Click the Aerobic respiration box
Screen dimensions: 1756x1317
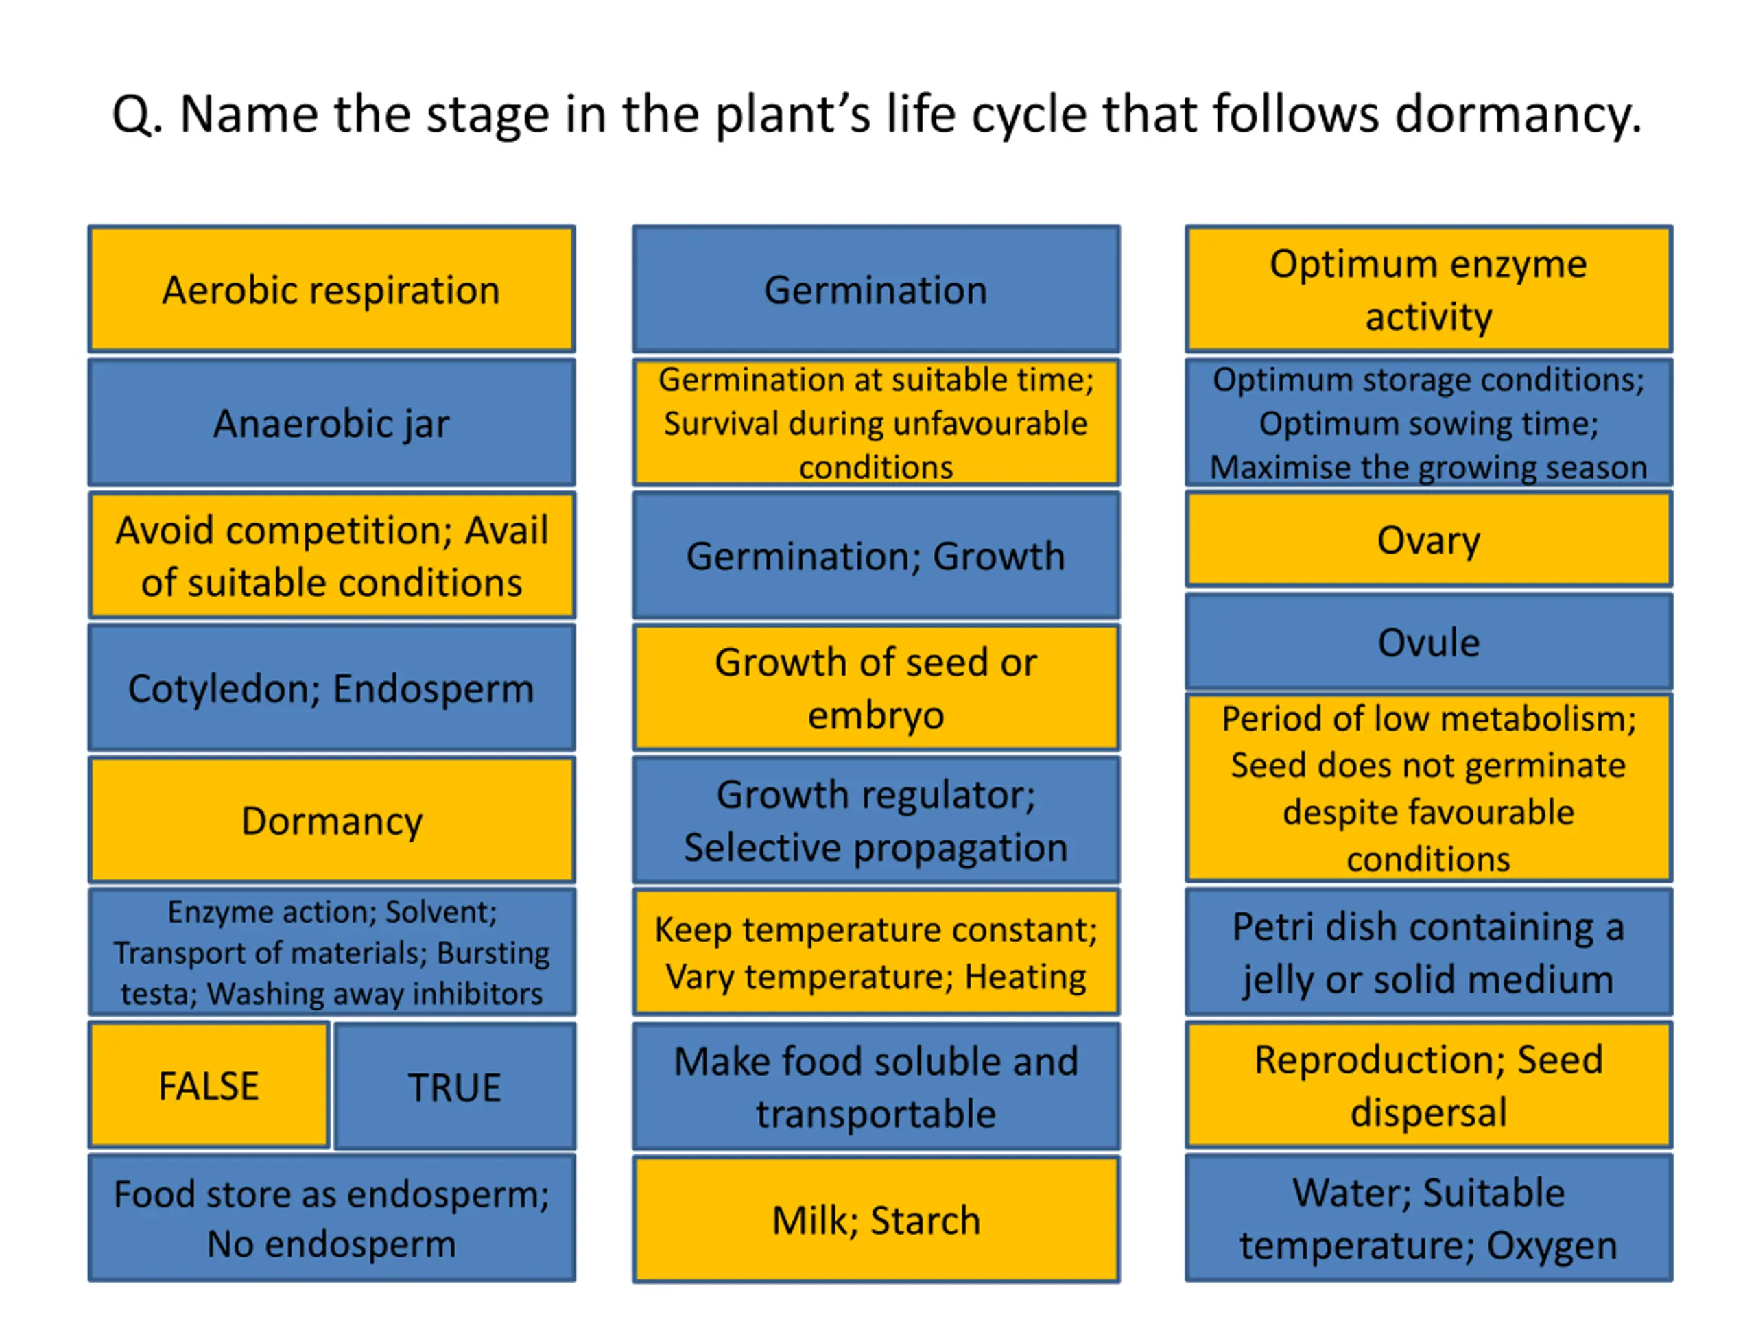[x=332, y=289]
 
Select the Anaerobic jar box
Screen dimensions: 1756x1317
[x=332, y=423]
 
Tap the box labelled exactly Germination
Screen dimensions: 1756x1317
[x=877, y=289]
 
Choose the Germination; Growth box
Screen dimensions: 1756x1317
[x=877, y=555]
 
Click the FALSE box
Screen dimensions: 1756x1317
[x=209, y=1085]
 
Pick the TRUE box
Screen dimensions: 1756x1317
[x=455, y=1086]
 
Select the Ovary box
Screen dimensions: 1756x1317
[x=1429, y=540]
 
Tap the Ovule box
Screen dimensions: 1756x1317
[x=1429, y=641]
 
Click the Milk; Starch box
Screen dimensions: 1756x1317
[x=877, y=1220]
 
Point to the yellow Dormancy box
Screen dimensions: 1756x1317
[x=332, y=820]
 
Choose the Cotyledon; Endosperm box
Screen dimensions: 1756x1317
[x=332, y=687]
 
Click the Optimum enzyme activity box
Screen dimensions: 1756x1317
[x=1429, y=289]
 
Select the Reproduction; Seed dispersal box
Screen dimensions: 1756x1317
[x=1429, y=1085]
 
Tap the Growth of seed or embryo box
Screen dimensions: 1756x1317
[x=877, y=687]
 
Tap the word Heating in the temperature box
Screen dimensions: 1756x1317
[x=1025, y=977]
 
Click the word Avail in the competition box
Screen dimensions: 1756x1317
[x=506, y=530]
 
